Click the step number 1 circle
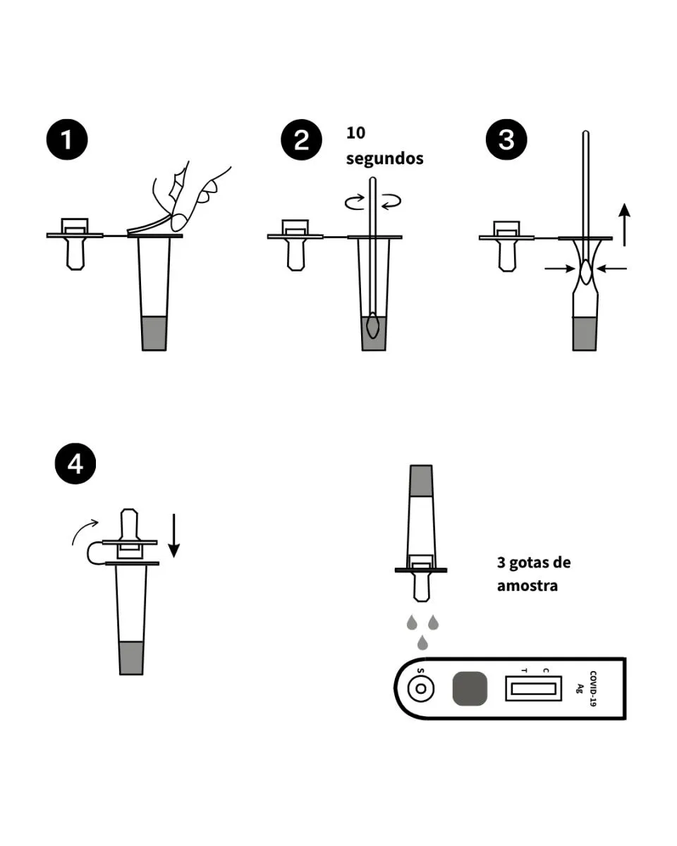(x=67, y=140)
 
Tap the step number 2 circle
(x=301, y=140)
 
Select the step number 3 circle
(x=506, y=140)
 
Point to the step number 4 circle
(x=75, y=465)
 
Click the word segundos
(x=384, y=159)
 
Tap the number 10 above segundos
(x=356, y=133)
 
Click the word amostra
(x=527, y=586)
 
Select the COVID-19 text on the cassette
(x=593, y=688)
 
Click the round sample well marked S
(x=421, y=688)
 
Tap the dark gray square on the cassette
(x=470, y=688)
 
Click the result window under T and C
(x=533, y=688)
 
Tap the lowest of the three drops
(x=422, y=642)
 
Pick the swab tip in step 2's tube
(x=374, y=326)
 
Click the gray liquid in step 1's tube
(x=154, y=333)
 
